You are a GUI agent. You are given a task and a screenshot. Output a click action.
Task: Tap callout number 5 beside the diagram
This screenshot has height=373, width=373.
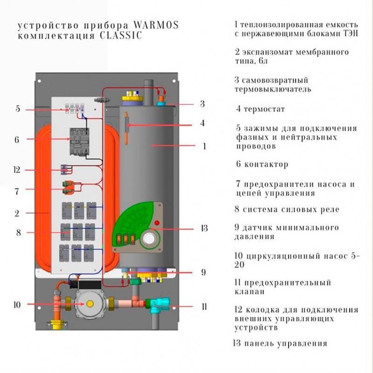tap(18, 109)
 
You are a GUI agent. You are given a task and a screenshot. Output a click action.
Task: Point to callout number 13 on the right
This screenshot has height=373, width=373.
tap(204, 228)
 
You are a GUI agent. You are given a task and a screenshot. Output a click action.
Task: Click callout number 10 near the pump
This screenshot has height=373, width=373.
tap(18, 305)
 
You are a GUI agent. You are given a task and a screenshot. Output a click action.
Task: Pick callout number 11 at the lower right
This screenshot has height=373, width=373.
tap(204, 306)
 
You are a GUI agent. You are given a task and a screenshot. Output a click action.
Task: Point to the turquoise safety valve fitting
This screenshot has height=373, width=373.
tap(155, 305)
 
